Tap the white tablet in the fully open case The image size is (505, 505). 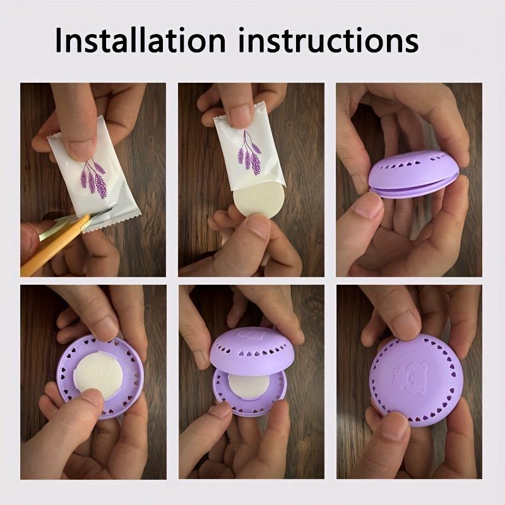click(x=99, y=375)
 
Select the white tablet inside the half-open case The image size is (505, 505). click(x=249, y=386)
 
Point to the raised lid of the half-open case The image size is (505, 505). click(x=252, y=350)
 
